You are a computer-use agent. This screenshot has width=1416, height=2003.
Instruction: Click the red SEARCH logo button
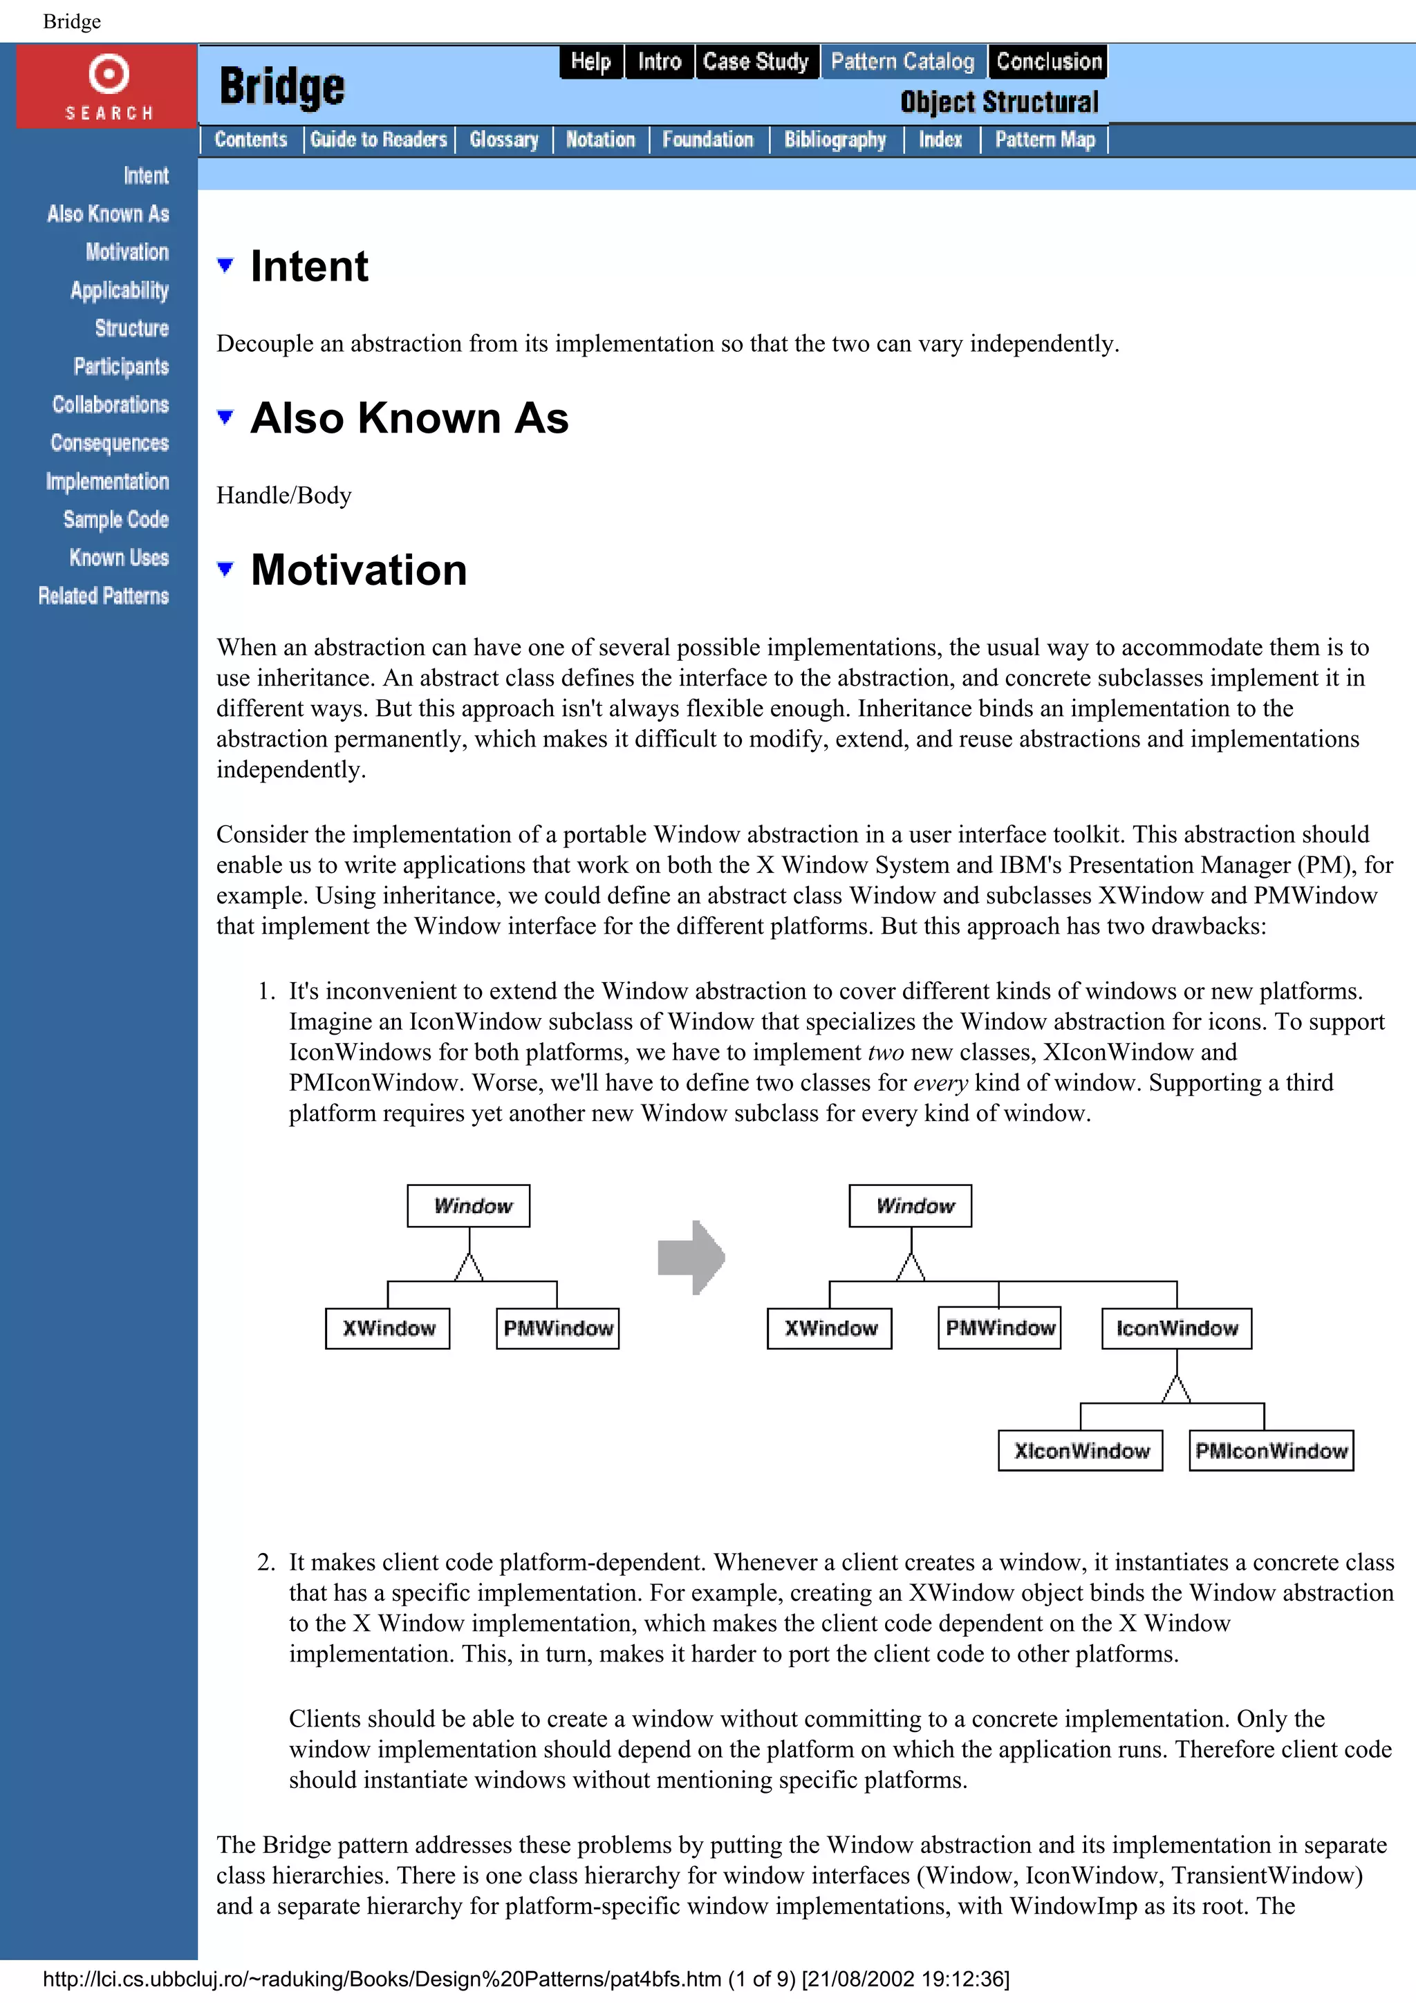coord(107,86)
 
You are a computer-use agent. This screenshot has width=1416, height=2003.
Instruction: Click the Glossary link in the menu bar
coord(503,140)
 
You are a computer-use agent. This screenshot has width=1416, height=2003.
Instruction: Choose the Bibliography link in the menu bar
coord(835,140)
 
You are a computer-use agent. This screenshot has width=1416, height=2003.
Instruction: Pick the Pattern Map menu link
coord(1044,140)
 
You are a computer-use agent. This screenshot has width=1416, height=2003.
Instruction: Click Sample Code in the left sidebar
coord(116,520)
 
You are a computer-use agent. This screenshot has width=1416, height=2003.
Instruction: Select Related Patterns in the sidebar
coord(104,596)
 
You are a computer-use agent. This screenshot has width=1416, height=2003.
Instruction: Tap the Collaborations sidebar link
coord(111,405)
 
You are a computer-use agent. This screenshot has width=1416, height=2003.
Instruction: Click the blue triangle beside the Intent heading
coord(225,265)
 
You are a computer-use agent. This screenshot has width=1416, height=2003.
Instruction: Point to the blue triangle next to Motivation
coord(225,569)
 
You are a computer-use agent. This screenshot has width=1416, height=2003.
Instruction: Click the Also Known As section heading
coord(409,418)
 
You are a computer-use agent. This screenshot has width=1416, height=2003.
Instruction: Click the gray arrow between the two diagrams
coord(691,1257)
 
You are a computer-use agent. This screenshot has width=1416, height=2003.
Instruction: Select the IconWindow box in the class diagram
coord(1176,1328)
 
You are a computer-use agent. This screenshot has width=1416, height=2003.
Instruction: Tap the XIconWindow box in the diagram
coord(1081,1451)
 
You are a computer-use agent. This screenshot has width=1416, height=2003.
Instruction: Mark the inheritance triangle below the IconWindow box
coord(1176,1389)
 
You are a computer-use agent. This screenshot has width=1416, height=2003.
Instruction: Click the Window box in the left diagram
coord(469,1205)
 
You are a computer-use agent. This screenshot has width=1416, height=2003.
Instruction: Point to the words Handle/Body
coord(283,496)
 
